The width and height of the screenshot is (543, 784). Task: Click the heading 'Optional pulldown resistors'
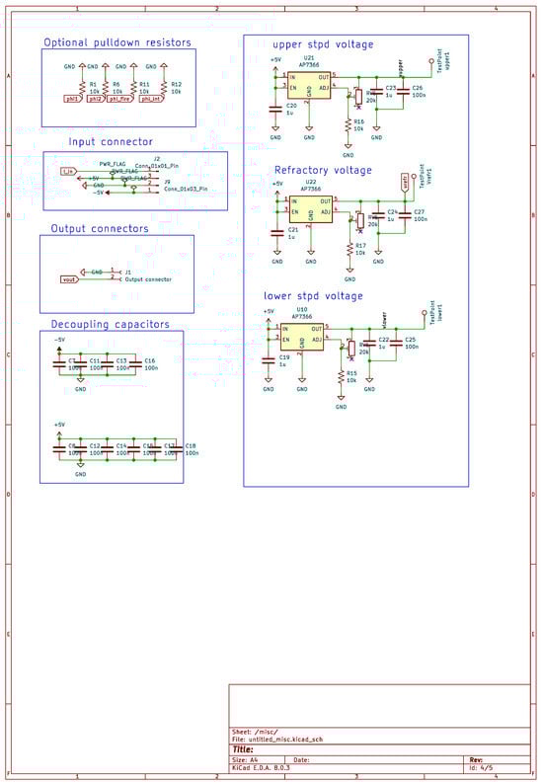(x=117, y=42)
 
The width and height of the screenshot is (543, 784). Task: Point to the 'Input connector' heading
(x=110, y=142)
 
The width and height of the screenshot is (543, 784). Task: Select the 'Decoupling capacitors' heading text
(x=111, y=324)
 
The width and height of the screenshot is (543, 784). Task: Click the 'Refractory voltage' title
(x=323, y=170)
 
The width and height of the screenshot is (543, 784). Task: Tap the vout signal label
(x=69, y=279)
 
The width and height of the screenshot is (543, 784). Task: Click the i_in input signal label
(x=67, y=171)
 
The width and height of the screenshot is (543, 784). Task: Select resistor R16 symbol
(x=349, y=125)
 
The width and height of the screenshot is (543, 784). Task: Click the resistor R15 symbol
(x=341, y=378)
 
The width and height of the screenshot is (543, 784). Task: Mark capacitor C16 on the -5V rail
(x=130, y=362)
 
